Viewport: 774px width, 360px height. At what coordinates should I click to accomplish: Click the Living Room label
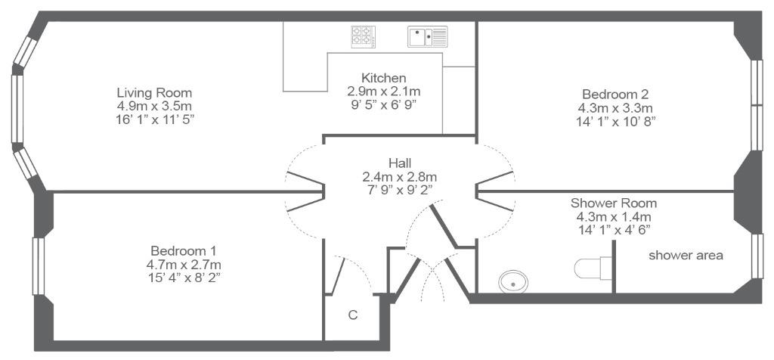(154, 92)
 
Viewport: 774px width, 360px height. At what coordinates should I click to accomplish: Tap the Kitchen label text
(383, 78)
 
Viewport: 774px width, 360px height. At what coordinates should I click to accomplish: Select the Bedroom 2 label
(615, 94)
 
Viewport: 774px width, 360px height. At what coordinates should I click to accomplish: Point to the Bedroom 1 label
(184, 250)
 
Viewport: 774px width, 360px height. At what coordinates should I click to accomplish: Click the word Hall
(400, 163)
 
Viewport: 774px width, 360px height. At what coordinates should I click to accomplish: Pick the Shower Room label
(614, 203)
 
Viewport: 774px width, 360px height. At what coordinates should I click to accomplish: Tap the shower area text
(686, 256)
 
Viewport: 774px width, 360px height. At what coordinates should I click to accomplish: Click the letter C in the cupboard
(352, 315)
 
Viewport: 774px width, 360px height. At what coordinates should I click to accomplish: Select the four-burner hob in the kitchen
(364, 36)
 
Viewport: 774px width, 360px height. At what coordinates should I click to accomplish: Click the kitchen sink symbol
(428, 36)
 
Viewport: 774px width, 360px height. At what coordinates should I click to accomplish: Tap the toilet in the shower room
(593, 268)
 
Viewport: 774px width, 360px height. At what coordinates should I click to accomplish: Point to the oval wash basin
(513, 281)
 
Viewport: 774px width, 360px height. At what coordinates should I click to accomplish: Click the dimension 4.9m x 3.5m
(154, 106)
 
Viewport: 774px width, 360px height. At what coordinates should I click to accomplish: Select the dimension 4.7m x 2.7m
(184, 264)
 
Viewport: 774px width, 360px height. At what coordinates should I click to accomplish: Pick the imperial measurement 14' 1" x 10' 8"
(615, 122)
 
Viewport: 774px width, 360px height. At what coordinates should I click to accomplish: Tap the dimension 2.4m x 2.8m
(400, 176)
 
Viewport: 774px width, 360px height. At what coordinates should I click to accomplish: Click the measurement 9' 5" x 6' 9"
(383, 104)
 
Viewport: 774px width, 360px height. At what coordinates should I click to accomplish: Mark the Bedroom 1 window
(39, 266)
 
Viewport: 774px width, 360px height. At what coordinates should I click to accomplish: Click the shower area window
(757, 256)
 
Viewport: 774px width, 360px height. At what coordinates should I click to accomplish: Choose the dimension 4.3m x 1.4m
(614, 216)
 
